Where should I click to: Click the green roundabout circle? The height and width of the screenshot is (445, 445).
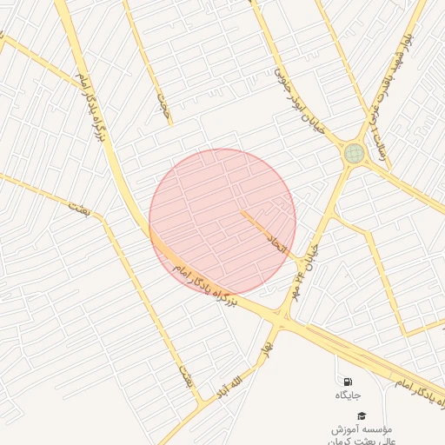pos(354,154)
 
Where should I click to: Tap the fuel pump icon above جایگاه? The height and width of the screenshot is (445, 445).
pos(348,381)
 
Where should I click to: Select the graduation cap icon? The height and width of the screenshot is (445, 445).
pos(362,416)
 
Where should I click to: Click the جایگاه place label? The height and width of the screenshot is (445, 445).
pos(348,395)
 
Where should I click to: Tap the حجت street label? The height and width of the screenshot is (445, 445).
pos(163,103)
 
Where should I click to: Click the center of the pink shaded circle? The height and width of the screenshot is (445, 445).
pos(222,222)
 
